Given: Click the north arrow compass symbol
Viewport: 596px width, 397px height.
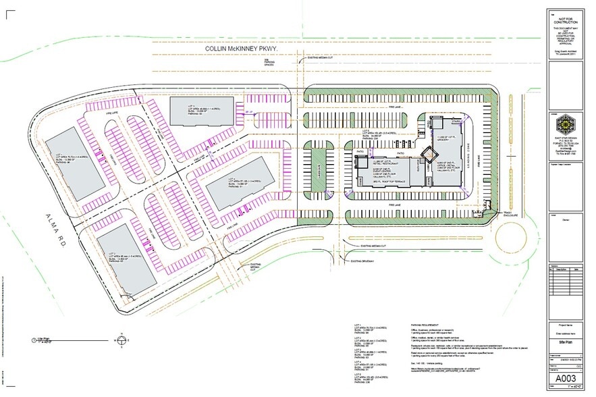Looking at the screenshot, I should [121, 340].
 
